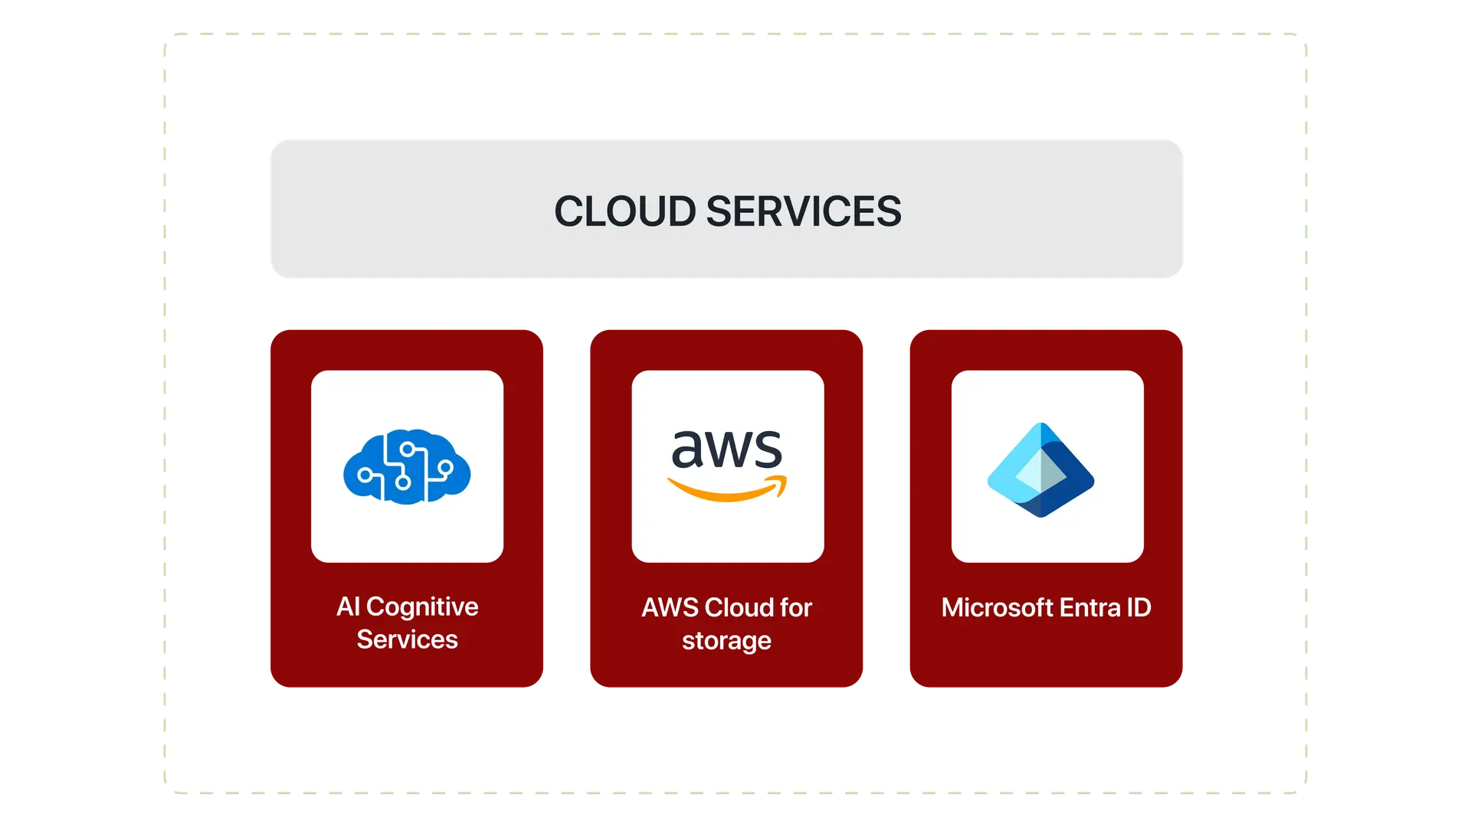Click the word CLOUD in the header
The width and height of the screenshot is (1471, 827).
pos(624,211)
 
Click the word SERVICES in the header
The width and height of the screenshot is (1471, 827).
pos(804,211)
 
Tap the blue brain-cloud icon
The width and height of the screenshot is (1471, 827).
pos(407,466)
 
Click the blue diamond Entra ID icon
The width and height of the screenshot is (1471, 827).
pos(1040,469)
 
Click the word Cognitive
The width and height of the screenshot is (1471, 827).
pos(422,606)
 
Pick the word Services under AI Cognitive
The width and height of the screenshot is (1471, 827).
pos(407,639)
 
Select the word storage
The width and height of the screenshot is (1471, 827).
pos(726,641)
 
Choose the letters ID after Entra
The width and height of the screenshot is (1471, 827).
pos(1138,608)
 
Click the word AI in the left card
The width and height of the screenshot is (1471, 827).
pos(348,606)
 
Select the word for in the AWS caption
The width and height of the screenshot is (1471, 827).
pos(795,608)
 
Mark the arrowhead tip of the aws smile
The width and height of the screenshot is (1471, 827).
pos(783,482)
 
